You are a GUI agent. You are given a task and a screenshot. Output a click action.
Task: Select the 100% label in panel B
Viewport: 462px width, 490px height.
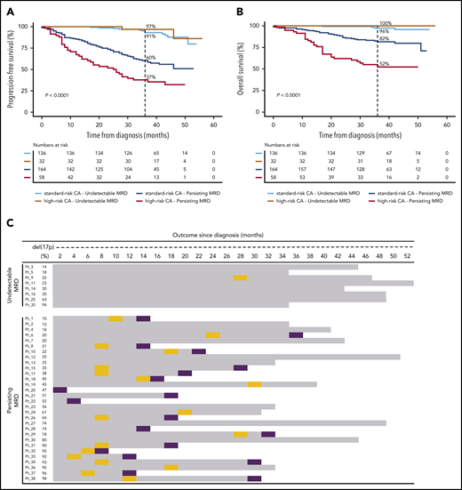(x=385, y=23)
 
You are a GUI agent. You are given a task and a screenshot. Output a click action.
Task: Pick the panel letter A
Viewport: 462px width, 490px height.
(x=8, y=7)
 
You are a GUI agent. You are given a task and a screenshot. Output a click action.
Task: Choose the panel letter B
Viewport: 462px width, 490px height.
(x=242, y=7)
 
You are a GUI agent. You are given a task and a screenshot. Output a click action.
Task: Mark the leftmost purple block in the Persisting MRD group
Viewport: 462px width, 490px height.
(x=60, y=390)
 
